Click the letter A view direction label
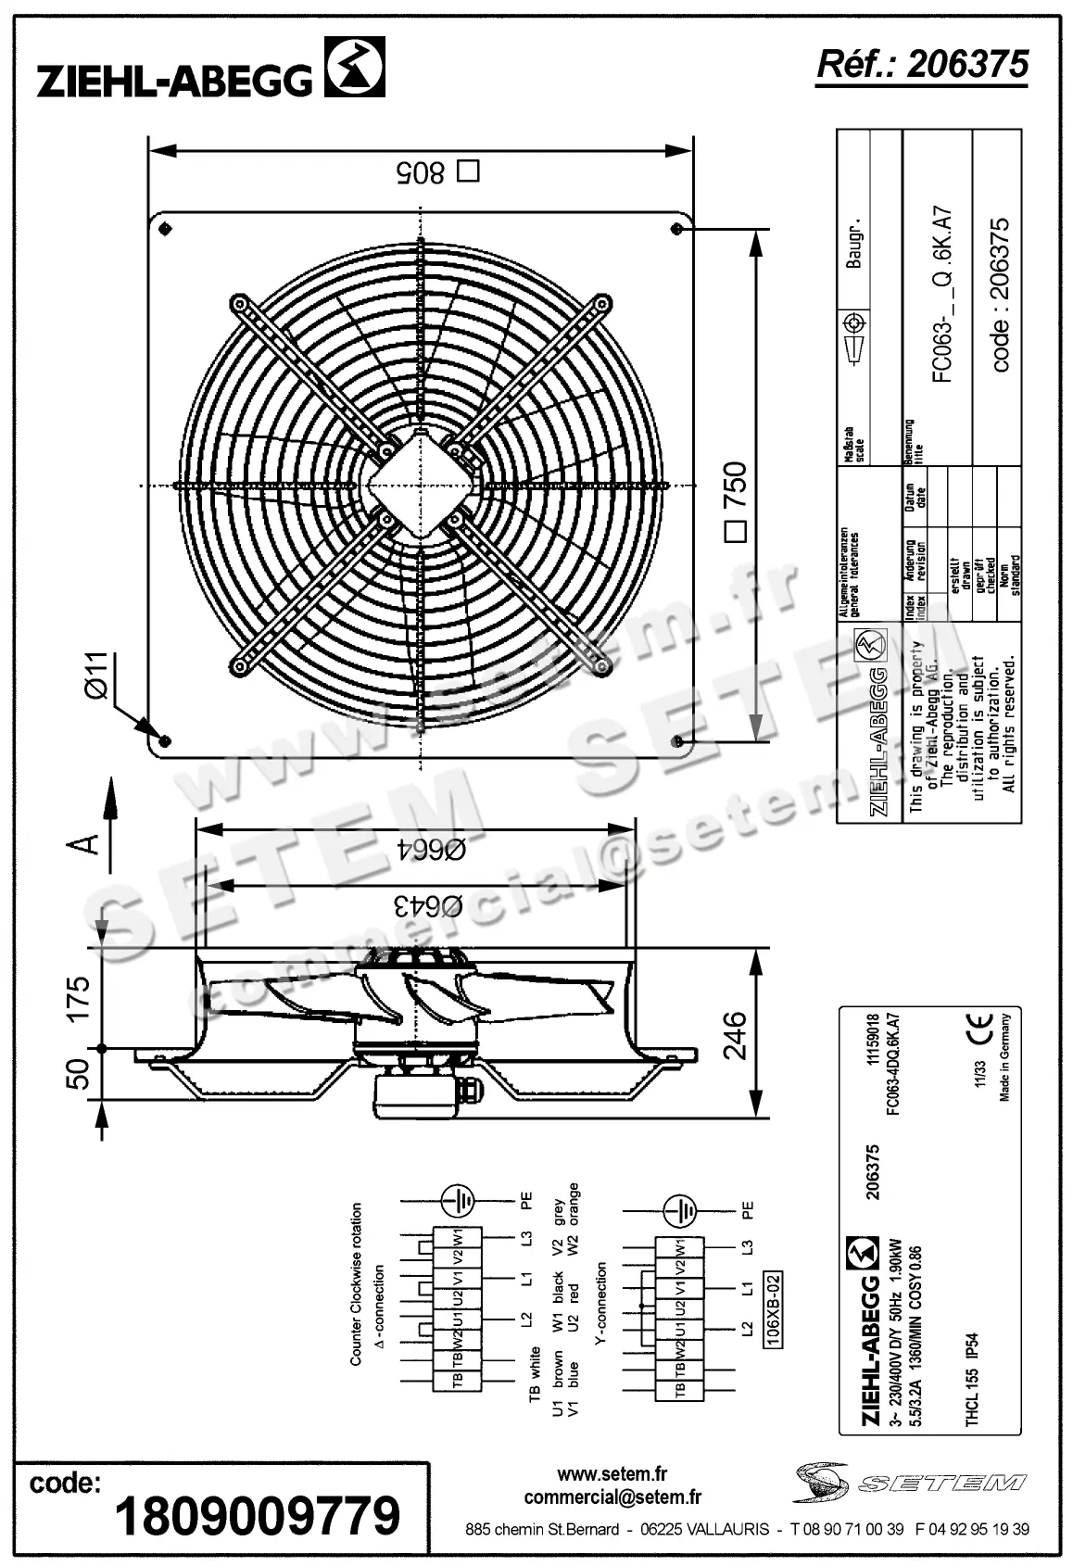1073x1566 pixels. tap(85, 843)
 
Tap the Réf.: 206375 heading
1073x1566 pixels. tap(922, 64)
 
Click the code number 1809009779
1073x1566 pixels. tap(258, 1515)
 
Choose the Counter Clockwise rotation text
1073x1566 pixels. tap(357, 1283)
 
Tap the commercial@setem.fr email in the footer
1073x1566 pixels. tap(612, 1497)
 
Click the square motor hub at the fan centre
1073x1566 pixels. tap(420, 486)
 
